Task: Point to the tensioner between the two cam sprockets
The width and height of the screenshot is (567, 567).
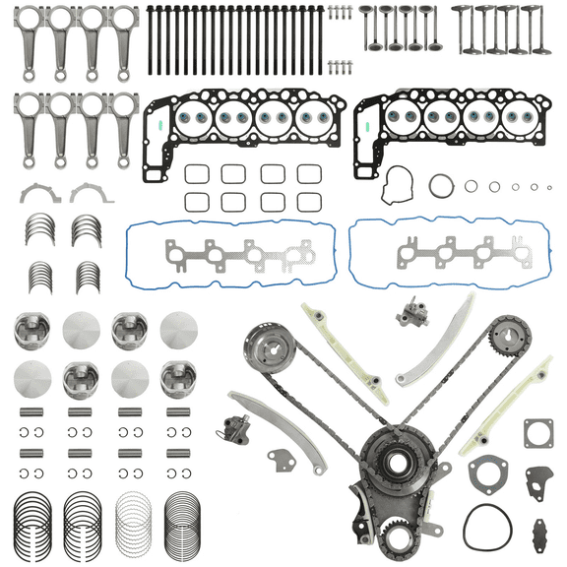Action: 408,316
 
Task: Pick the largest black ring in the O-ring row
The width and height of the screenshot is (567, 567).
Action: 442,187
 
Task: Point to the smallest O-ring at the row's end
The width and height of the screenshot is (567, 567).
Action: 549,185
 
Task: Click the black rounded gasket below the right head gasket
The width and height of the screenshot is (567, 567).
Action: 400,184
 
